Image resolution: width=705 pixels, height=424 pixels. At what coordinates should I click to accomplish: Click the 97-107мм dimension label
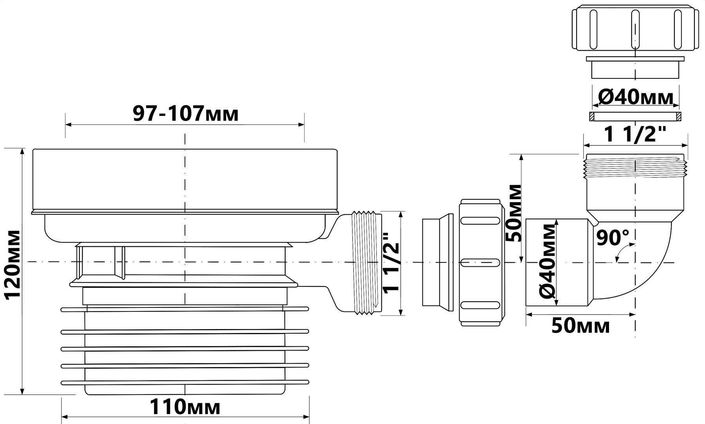(185, 114)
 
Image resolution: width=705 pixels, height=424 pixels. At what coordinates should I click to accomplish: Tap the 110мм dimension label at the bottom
(185, 407)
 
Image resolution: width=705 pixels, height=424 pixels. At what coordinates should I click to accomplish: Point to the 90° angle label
(613, 237)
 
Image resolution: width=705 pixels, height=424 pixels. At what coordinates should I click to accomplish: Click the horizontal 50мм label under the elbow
(580, 326)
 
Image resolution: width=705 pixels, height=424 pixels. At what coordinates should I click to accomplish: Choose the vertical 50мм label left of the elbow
(513, 212)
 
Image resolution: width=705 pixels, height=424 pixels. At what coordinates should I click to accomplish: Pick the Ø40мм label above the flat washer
(635, 97)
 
